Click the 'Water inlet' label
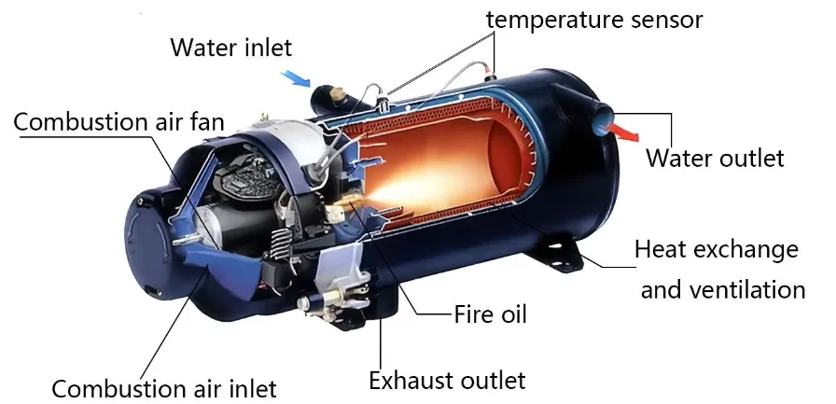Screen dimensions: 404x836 click(230, 47)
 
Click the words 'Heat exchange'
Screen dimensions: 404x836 click(716, 250)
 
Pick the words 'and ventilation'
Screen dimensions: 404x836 click(722, 289)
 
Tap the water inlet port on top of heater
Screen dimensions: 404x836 click(330, 94)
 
